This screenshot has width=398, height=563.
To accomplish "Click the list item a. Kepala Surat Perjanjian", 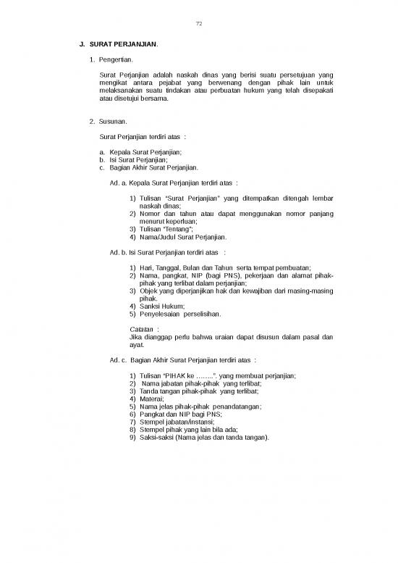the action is point(140,152).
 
